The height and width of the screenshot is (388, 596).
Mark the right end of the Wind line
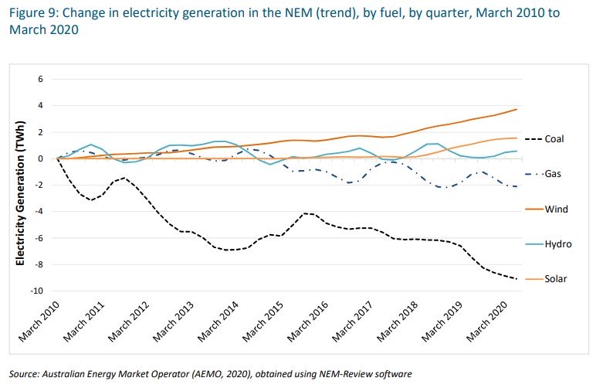point(516,109)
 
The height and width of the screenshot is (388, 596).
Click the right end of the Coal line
point(516,278)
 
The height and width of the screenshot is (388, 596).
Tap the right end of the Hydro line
point(516,151)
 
